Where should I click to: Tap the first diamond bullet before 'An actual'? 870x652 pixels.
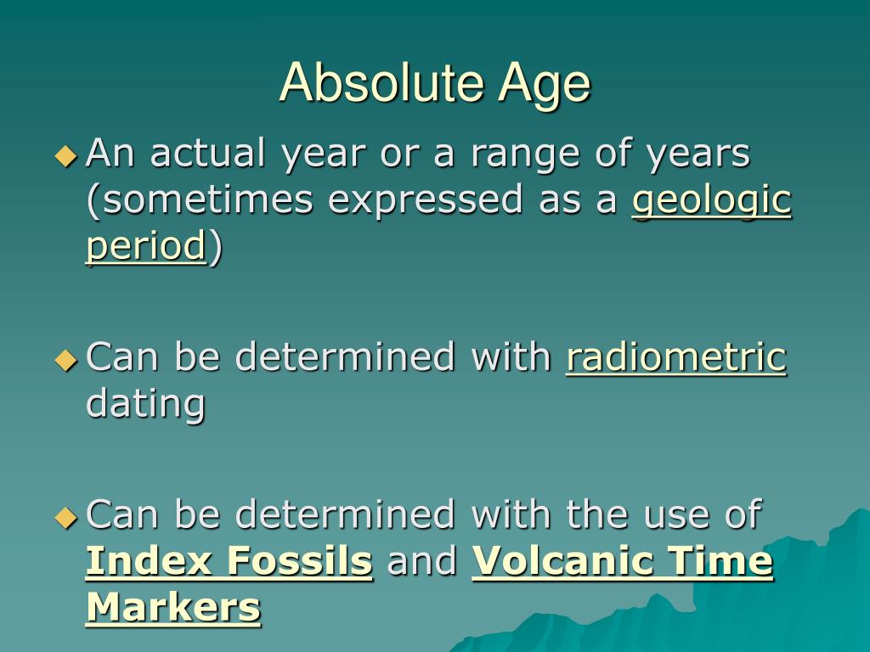(x=65, y=155)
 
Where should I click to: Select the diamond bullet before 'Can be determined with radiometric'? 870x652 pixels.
(x=65, y=359)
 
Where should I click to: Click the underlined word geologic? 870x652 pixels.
(x=712, y=201)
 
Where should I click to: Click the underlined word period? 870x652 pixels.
(x=145, y=247)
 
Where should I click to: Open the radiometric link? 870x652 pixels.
(x=676, y=357)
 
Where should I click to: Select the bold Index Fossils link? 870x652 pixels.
(x=229, y=562)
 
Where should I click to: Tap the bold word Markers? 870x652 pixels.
(x=172, y=608)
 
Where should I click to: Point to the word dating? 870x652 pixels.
(x=145, y=404)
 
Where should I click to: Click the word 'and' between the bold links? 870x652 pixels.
(x=421, y=562)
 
